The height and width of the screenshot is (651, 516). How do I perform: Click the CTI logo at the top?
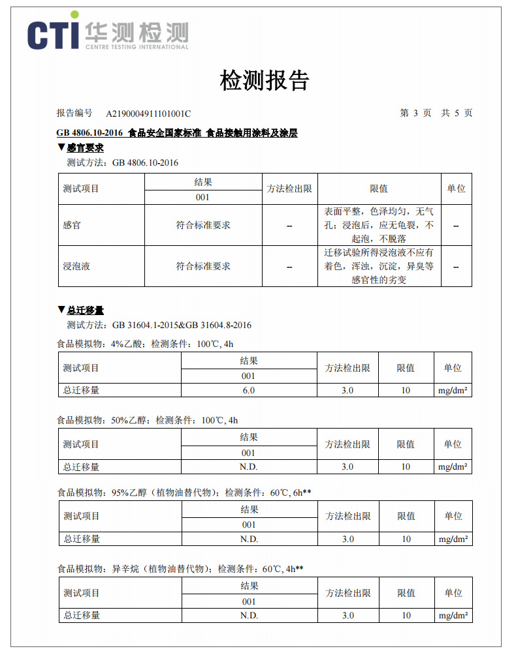tap(108, 33)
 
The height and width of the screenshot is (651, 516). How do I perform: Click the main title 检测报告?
tap(264, 81)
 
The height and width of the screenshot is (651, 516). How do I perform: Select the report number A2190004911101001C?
tap(148, 114)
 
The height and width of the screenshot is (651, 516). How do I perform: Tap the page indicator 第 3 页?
tap(415, 113)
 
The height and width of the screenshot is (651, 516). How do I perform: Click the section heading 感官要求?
tap(85, 149)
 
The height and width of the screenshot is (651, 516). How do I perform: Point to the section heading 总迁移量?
tap(85, 310)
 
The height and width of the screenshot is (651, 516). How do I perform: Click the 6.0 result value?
tap(248, 390)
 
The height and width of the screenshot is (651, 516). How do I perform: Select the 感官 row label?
tap(72, 225)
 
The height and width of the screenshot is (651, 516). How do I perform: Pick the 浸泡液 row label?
tap(76, 266)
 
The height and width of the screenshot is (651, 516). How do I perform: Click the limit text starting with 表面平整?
tap(379, 225)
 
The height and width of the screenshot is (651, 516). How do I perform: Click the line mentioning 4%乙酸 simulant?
tap(145, 344)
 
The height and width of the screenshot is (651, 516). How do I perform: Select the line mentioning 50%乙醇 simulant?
tap(147, 421)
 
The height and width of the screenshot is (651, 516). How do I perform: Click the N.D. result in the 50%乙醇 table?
tap(248, 467)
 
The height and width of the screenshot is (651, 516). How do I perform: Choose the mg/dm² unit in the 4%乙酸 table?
tap(453, 391)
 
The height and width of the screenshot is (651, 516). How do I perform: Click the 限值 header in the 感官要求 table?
tap(379, 189)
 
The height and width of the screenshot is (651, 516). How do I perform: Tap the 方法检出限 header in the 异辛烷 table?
tap(348, 593)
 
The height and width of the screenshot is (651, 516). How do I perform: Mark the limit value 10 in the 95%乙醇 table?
tap(406, 539)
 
